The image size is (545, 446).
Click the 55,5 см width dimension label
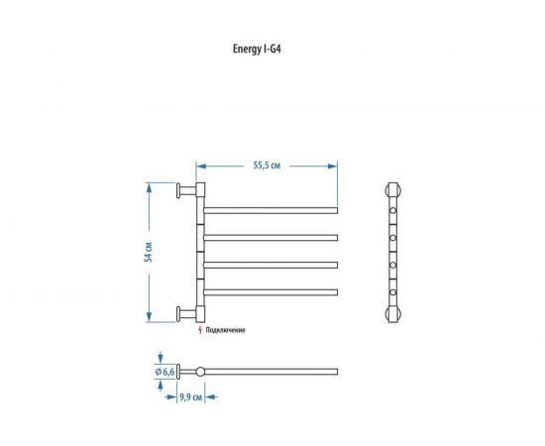point(267,166)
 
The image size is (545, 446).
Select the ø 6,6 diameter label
point(164,372)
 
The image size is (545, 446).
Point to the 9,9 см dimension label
point(190,397)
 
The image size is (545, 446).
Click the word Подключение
point(227,329)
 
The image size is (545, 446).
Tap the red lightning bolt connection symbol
point(202,328)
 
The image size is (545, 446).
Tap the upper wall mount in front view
point(183,190)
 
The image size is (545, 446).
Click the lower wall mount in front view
point(183,314)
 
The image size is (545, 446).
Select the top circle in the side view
point(393,211)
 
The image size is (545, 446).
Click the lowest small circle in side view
point(393,292)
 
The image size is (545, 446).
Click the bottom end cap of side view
point(393,314)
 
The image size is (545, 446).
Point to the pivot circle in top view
point(200,372)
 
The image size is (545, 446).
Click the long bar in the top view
point(272,372)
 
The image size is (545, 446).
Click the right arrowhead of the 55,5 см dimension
point(335,166)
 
